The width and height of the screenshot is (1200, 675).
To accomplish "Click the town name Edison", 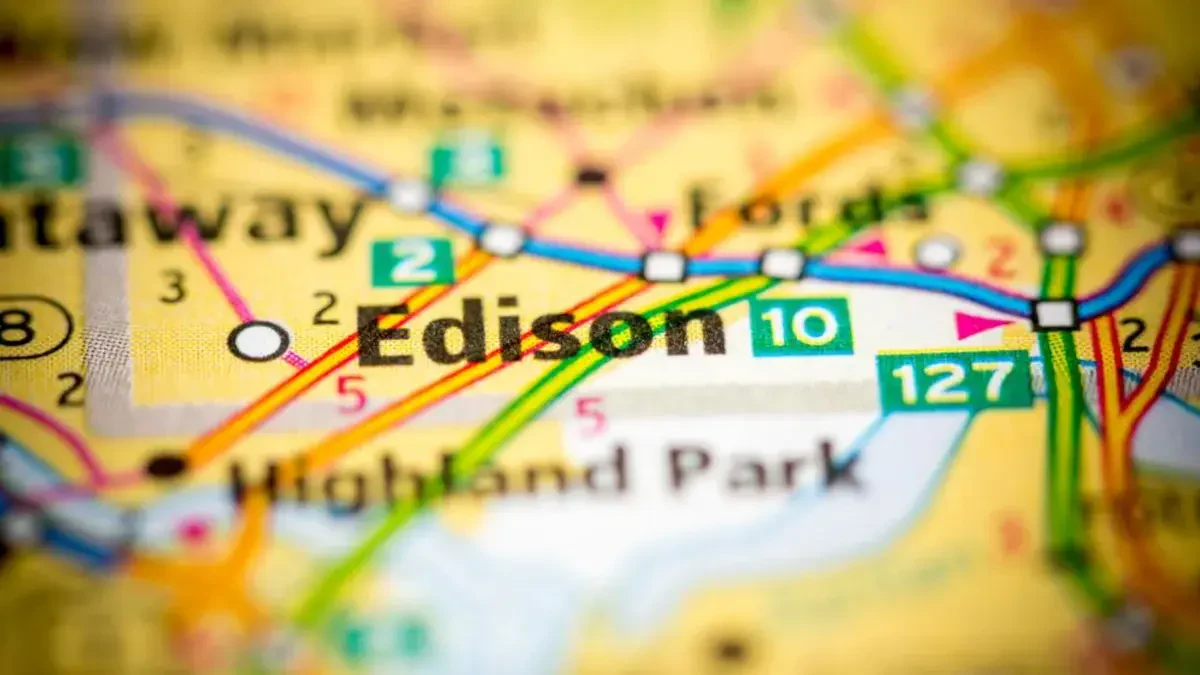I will coord(541,331).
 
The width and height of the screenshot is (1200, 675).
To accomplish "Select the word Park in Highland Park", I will coord(765,469).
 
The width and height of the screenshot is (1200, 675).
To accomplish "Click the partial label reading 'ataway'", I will coord(180,221).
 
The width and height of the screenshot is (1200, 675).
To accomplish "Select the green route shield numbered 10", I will coord(802,326).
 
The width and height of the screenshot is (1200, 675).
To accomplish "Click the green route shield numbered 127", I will coord(955,381).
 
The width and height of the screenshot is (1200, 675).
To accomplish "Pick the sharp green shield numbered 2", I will coord(413,262).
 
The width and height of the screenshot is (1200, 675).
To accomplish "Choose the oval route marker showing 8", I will coord(30,328).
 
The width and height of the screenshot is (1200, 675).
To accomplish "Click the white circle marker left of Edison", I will coord(258,341).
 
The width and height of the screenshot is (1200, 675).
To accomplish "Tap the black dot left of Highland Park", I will coord(166,465).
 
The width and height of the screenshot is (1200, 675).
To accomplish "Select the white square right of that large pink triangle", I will coord(1053,314).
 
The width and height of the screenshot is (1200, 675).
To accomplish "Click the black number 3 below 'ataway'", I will coord(173,287).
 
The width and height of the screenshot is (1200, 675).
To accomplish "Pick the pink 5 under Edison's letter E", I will coord(350,395).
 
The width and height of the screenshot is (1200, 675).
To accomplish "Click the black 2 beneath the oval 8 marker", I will coord(70,388).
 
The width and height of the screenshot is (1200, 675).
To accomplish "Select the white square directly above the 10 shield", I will coord(782,264).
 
